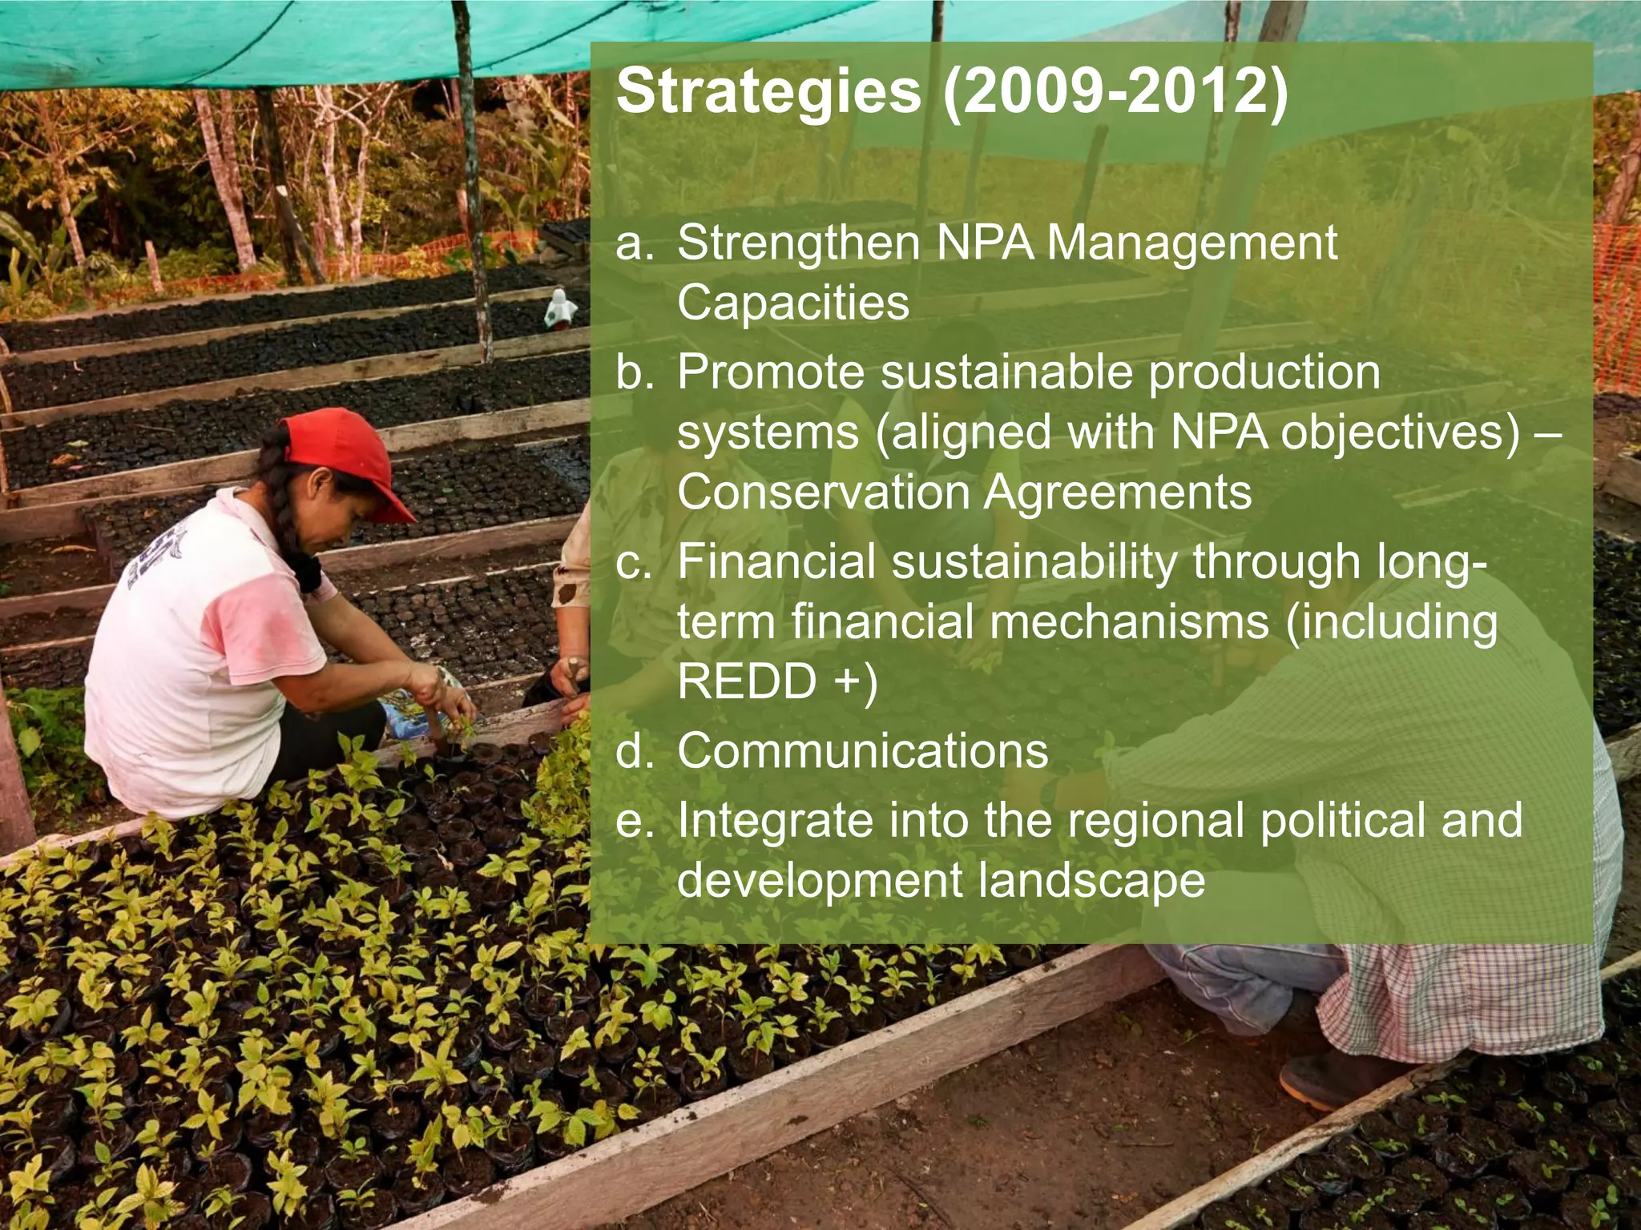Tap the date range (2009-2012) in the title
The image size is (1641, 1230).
tap(1115, 92)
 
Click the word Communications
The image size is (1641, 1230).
tap(862, 751)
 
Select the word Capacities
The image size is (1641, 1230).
tap(793, 303)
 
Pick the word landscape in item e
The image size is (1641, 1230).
tap(1091, 881)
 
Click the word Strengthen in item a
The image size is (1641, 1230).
tap(798, 243)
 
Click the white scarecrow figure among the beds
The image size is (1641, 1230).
tap(560, 308)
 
